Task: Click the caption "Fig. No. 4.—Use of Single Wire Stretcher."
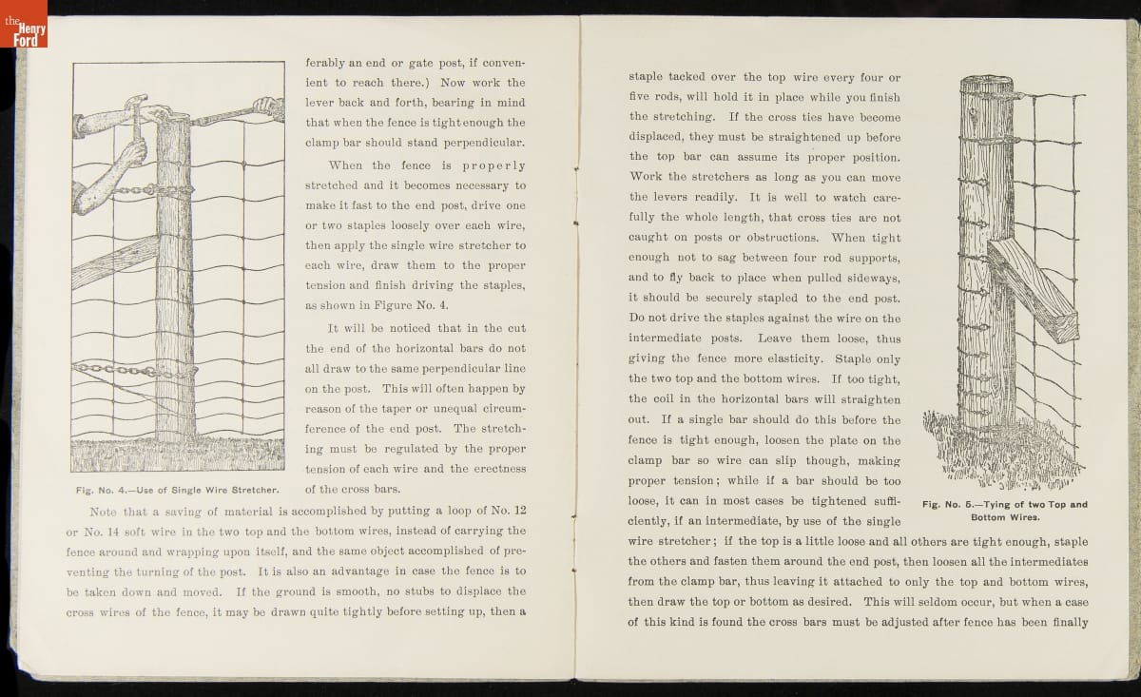177,491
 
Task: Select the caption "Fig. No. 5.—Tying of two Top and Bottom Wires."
1004,511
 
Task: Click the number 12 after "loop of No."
519,510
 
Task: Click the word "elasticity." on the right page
789,358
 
